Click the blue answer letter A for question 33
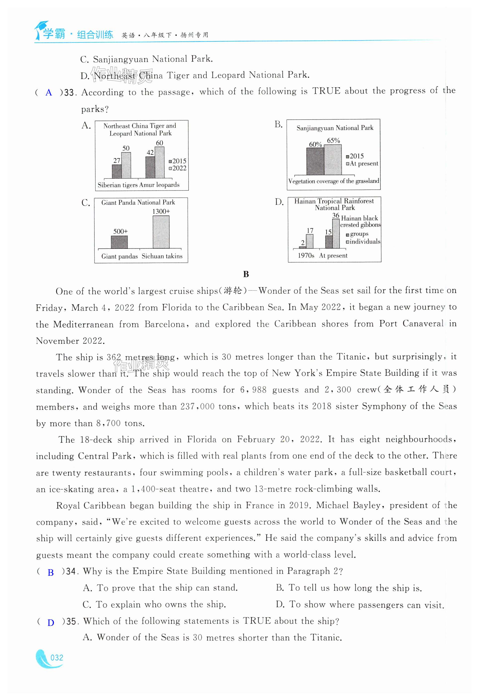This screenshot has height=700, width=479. click(48, 93)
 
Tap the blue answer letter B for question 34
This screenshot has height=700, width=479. click(51, 572)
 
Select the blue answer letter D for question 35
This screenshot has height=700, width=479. click(51, 623)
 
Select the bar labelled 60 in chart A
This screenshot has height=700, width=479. click(160, 162)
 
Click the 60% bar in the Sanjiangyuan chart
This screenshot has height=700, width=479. click(315, 161)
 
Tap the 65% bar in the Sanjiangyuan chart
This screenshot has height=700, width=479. click(333, 160)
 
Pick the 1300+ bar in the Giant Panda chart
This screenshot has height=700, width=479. click(161, 232)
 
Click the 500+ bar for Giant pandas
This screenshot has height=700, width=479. click(119, 242)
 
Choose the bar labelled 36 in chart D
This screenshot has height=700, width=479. click(336, 233)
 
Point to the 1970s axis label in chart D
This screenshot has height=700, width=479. click(306, 256)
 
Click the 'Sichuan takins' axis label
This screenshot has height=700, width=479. click(162, 256)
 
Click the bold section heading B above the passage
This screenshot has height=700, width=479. click(246, 274)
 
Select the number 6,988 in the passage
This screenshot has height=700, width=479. click(253, 390)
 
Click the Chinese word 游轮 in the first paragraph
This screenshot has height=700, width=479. click(233, 291)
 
